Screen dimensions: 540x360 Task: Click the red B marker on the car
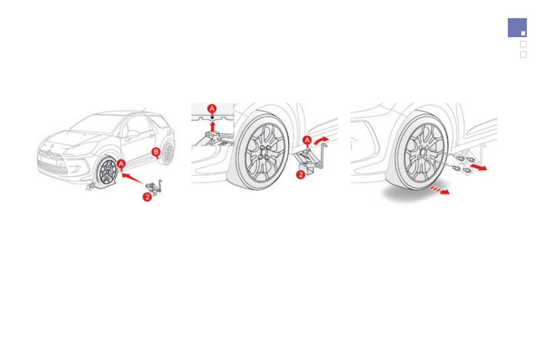156,152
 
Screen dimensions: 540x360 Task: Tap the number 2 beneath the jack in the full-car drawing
147,197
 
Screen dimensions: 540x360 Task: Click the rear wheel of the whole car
168,154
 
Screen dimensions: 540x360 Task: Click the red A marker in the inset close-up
212,109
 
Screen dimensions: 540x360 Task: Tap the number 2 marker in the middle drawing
300,175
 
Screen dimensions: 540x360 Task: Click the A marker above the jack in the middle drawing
307,141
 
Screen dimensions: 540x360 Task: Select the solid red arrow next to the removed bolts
479,168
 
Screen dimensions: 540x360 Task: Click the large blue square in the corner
517,28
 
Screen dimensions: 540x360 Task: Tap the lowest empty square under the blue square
523,54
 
